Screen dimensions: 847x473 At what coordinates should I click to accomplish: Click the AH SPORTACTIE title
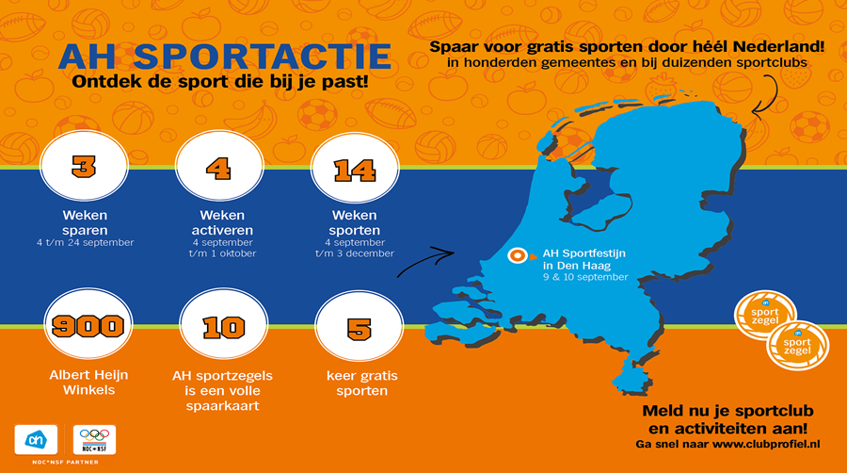click(x=225, y=57)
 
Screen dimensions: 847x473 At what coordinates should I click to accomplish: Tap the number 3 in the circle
click(x=84, y=167)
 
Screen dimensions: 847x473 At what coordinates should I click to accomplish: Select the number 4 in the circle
click(x=218, y=169)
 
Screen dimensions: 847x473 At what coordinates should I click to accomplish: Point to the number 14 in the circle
click(x=355, y=171)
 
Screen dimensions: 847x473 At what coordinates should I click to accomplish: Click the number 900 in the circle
click(x=88, y=326)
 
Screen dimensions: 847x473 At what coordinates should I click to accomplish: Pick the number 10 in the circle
click(x=224, y=328)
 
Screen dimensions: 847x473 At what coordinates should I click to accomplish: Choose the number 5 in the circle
click(x=360, y=329)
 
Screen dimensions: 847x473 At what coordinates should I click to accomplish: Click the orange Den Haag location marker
click(x=519, y=255)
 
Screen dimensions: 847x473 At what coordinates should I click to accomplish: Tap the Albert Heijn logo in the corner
click(x=36, y=439)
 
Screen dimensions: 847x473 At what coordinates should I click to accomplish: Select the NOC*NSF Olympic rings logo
click(x=94, y=439)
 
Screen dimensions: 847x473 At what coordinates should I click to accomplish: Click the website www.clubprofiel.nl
click(x=765, y=445)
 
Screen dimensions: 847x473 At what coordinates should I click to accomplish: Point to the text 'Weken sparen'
click(x=85, y=222)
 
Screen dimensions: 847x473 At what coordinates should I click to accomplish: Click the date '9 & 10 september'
click(x=585, y=277)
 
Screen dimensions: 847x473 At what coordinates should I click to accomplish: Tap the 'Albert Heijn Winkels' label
click(x=88, y=383)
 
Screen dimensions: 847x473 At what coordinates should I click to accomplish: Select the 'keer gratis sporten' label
click(x=362, y=383)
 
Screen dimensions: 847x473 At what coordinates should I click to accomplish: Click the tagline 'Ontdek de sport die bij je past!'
click(x=220, y=82)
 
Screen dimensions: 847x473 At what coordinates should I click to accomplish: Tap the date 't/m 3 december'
click(x=355, y=253)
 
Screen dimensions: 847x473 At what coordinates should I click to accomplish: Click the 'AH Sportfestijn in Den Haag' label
click(x=583, y=259)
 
